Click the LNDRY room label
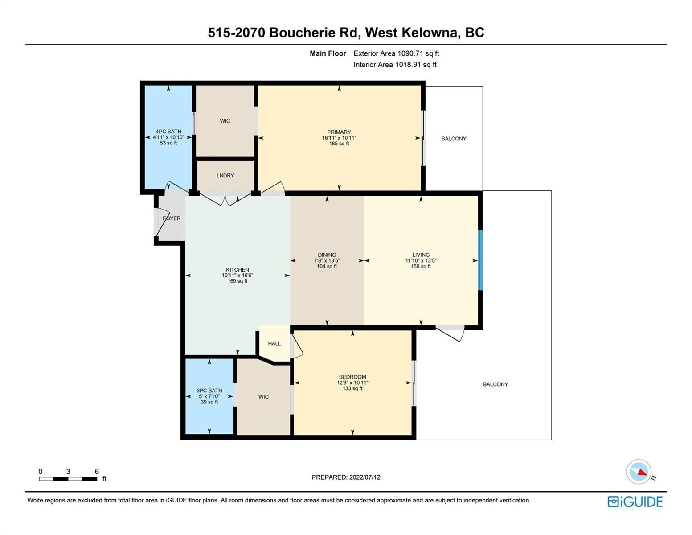point(225,176)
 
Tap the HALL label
point(274,343)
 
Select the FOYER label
point(172,218)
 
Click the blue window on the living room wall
point(480,260)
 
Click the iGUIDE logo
point(635,502)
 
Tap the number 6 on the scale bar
point(97,471)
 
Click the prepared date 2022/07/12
point(365,477)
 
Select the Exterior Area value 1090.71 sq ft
point(418,53)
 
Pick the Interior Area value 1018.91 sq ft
point(416,65)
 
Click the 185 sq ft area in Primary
point(339,144)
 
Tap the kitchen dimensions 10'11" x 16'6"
point(237,276)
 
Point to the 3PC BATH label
point(209,391)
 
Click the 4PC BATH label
point(168,132)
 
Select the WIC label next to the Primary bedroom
point(225,121)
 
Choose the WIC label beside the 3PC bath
point(264,397)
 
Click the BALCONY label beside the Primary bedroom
point(454,139)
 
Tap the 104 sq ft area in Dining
point(327,266)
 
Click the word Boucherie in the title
point(313,33)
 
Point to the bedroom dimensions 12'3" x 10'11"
point(352,383)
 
